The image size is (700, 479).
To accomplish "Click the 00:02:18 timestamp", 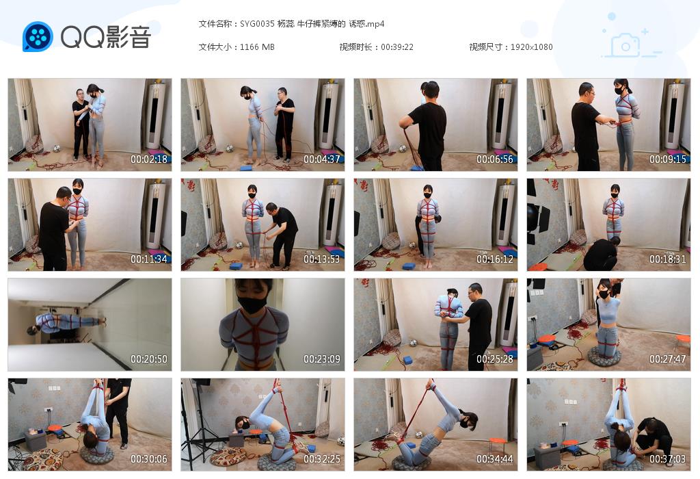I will (x=149, y=159).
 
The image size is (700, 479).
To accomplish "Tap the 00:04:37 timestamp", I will (x=322, y=159).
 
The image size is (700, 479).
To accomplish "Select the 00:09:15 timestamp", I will (x=668, y=159).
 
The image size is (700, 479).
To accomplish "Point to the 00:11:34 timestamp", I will (x=149, y=259).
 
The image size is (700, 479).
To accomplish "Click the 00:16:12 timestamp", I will (x=495, y=259).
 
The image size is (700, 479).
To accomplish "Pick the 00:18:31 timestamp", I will (x=668, y=259).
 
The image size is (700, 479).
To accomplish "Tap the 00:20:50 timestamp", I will (x=149, y=359).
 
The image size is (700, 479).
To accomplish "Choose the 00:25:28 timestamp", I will (x=495, y=359).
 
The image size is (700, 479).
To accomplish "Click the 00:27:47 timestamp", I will (x=668, y=359).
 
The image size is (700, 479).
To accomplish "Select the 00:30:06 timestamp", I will (x=149, y=459).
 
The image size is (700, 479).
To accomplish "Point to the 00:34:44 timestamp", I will (x=495, y=459).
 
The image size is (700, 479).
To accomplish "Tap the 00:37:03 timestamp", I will (x=668, y=459).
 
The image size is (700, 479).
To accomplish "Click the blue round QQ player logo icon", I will (x=38, y=37).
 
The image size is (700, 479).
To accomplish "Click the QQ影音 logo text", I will (x=105, y=37).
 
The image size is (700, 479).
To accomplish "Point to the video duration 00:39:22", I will (x=397, y=47).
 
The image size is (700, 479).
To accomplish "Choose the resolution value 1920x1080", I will (x=531, y=47).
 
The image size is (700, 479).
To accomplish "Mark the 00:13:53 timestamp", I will (x=322, y=259).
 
